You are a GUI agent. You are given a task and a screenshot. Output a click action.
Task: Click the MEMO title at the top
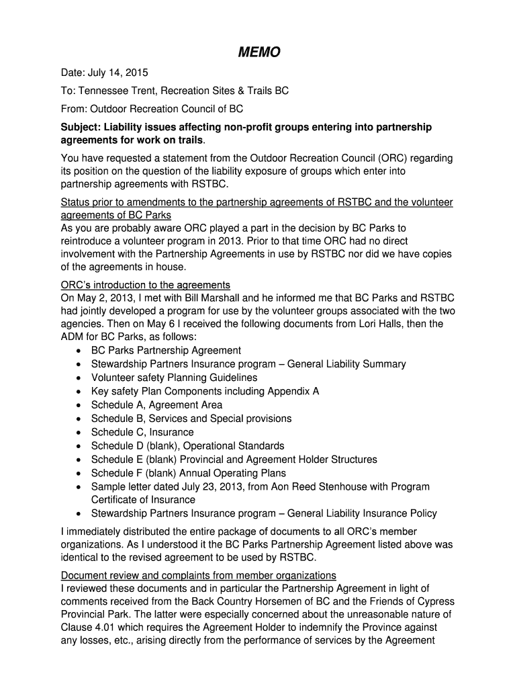point(258,52)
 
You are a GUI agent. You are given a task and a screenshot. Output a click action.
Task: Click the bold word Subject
point(81,127)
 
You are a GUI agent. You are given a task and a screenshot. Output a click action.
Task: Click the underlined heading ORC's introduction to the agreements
point(146,284)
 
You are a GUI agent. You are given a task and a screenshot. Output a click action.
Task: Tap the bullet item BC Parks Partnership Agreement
point(166,350)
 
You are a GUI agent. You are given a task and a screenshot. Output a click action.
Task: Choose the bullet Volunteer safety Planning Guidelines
point(174,378)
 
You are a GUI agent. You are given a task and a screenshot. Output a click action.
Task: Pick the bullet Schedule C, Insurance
point(142,432)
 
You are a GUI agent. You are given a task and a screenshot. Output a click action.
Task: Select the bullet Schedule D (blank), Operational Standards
point(187,445)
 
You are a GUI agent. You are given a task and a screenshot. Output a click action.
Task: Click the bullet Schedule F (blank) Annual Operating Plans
point(188,473)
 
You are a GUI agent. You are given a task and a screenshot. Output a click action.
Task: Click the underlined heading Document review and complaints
point(198,575)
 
